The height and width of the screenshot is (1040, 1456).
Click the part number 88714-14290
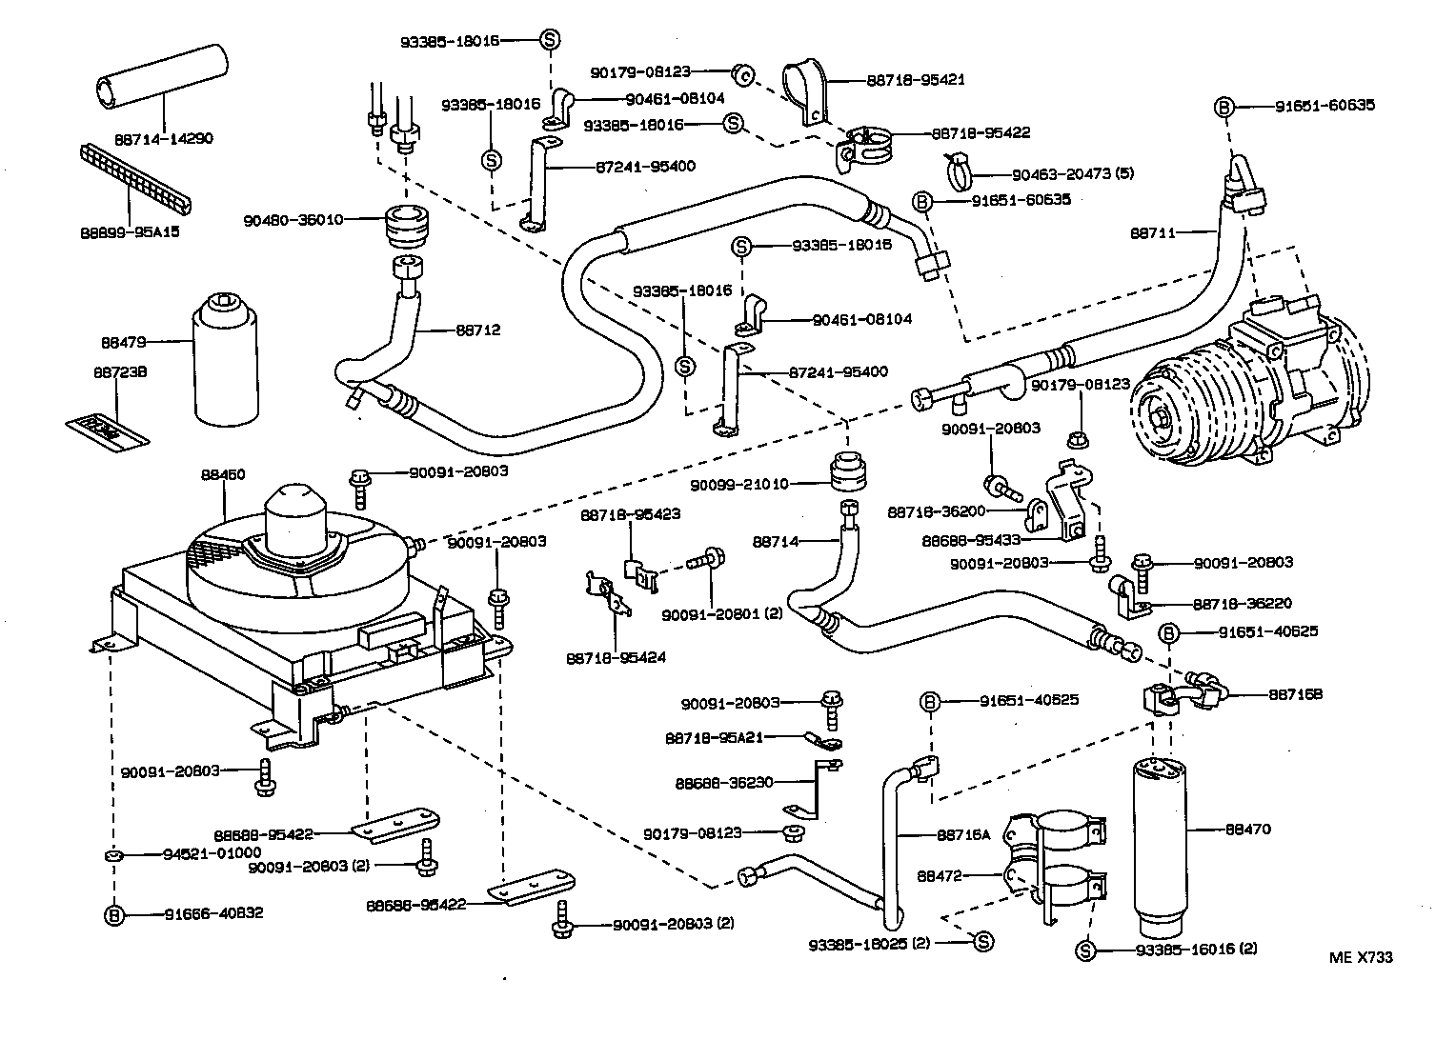[x=164, y=139]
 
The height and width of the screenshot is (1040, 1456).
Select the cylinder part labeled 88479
[x=226, y=362]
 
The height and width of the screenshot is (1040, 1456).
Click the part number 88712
[x=477, y=330]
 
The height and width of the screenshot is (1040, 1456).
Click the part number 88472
[x=939, y=874]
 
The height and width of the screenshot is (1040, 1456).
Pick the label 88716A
[x=963, y=834]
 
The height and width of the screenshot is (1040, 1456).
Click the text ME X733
[x=1361, y=957]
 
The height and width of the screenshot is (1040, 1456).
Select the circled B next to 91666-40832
[x=114, y=914]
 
